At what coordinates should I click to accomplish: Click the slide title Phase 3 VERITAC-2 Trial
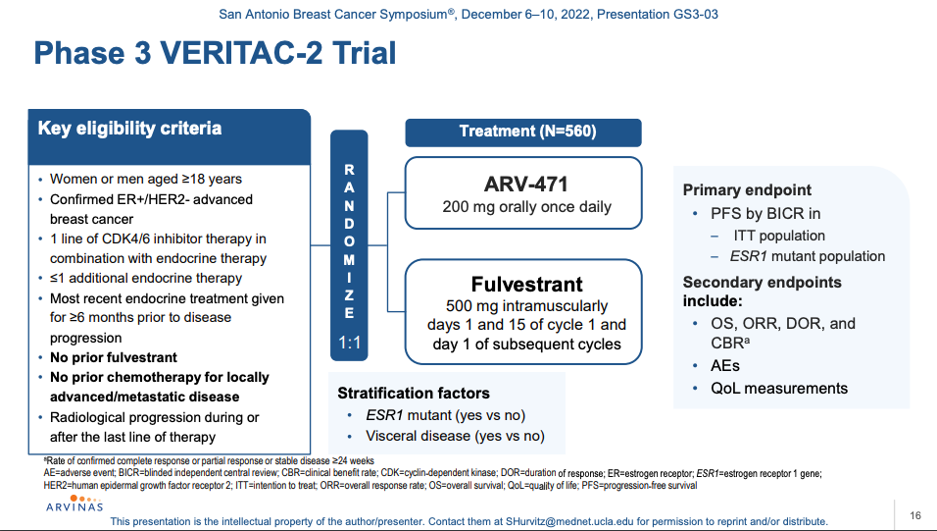[x=215, y=53]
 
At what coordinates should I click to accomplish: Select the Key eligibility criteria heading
[x=129, y=129]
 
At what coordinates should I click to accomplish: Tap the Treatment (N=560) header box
[x=523, y=133]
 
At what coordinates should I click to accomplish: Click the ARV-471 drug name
[x=526, y=184]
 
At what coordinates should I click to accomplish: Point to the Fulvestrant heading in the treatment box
[x=526, y=284]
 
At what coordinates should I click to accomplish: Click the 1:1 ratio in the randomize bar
[x=350, y=343]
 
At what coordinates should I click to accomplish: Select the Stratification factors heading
[x=414, y=394]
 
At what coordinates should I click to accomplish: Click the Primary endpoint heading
[x=747, y=190]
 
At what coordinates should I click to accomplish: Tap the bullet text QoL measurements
[x=779, y=389]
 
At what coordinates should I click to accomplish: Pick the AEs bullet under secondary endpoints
[x=725, y=366]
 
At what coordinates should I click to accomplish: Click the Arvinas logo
[x=74, y=504]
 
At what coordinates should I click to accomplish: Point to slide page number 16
[x=915, y=515]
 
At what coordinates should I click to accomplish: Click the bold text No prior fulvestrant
[x=114, y=358]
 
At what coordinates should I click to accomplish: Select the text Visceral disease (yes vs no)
[x=456, y=436]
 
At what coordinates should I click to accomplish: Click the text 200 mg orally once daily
[x=527, y=207]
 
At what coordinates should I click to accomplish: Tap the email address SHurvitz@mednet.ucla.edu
[x=569, y=521]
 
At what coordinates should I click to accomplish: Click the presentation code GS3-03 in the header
[x=696, y=15]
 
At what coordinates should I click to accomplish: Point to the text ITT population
[x=779, y=236]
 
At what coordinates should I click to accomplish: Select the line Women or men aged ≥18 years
[x=146, y=179]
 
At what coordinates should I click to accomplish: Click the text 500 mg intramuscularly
[x=526, y=306]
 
